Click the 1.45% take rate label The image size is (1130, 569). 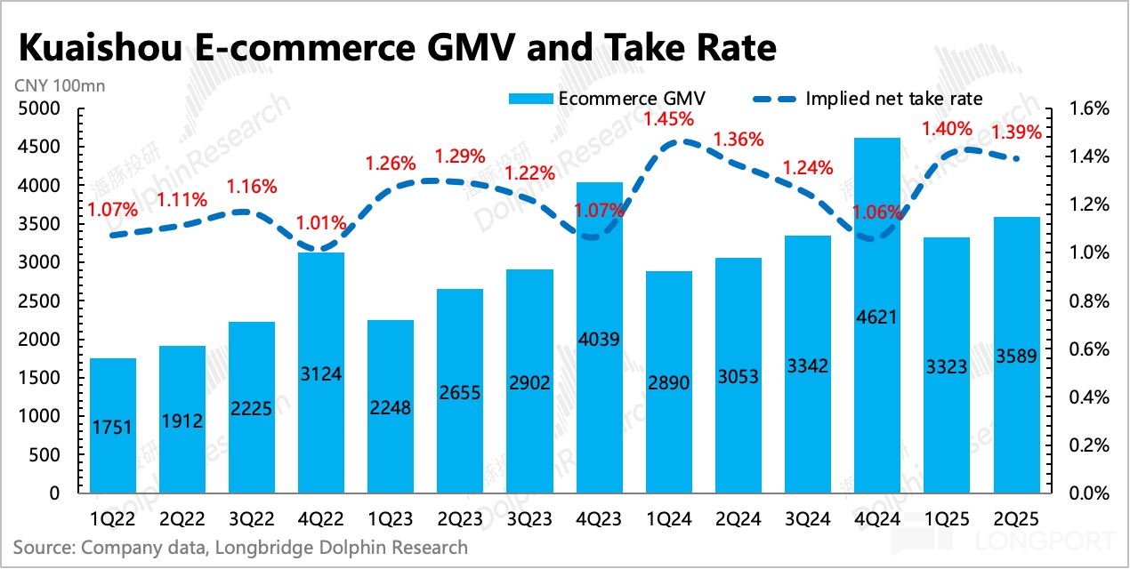669,118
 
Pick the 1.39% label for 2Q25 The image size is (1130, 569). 1016,132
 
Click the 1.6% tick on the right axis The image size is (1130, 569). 1086,109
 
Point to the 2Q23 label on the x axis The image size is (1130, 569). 460,517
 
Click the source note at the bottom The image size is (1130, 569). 240,547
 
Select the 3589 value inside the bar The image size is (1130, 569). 1016,365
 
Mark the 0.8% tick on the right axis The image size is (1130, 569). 1086,301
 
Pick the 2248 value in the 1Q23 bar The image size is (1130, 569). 391,407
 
